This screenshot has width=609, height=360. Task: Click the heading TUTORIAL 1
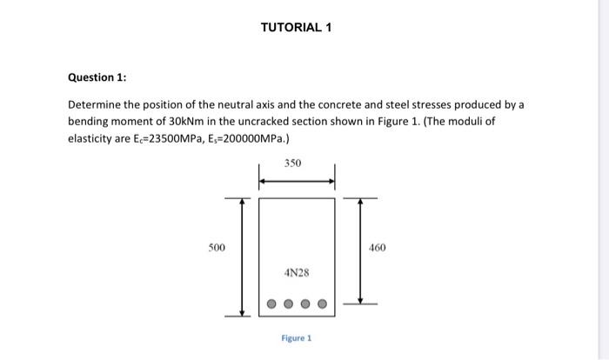coord(296,27)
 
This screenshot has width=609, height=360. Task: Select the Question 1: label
coord(97,77)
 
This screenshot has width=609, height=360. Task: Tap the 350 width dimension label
coord(296,163)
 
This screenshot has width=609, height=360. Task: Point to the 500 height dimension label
coord(217,248)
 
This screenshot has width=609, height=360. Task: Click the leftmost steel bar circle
coord(272,305)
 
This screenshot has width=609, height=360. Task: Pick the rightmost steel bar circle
coord(322,305)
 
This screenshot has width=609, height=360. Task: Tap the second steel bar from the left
coord(289,305)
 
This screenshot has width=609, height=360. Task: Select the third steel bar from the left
coord(305,305)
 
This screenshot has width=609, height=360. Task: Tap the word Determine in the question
coord(95,104)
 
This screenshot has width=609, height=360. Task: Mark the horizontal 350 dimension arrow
coord(297,182)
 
